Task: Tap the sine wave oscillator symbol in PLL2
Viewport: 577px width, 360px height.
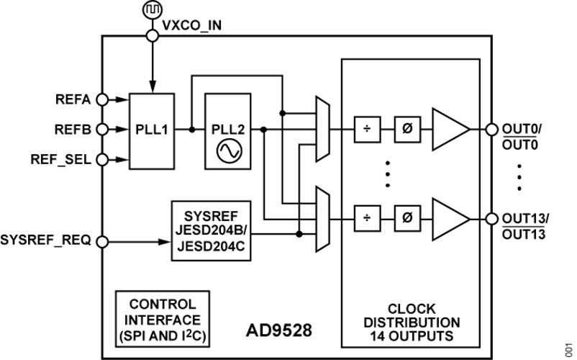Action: [x=228, y=150]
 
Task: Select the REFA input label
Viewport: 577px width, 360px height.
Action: [x=75, y=99]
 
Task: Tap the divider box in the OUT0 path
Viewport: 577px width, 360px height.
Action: [x=367, y=130]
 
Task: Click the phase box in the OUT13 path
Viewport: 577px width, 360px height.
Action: [x=407, y=217]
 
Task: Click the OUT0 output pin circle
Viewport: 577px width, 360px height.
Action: [x=492, y=130]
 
